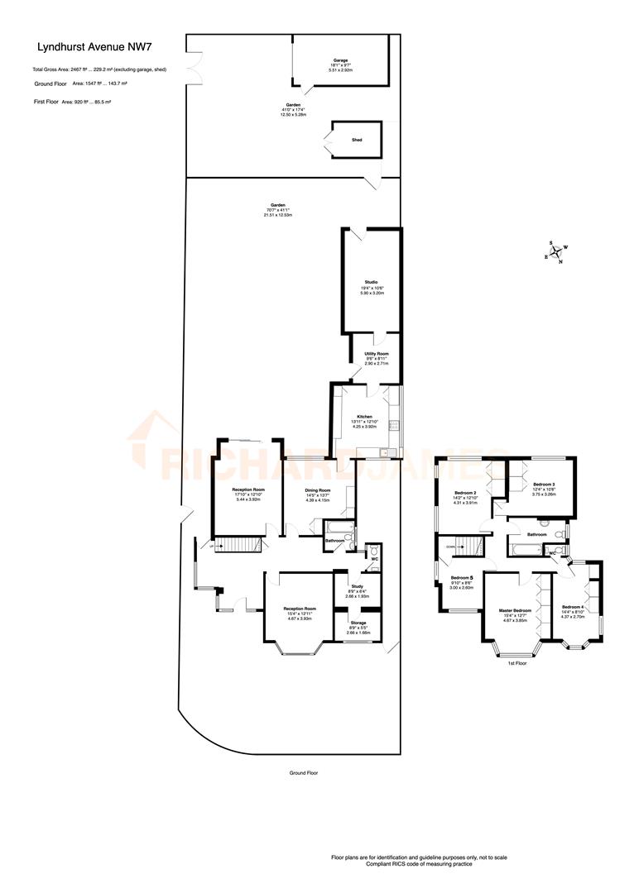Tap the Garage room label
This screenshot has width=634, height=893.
coord(340,60)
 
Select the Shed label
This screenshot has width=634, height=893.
coord(357,140)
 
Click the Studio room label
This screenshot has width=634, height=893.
coord(371,282)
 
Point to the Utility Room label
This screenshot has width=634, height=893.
coord(377,353)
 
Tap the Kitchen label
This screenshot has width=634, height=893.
coord(365,417)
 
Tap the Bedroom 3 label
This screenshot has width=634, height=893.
coord(544,484)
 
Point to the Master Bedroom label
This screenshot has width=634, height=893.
coord(513,611)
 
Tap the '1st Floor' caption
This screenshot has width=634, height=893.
coord(516,663)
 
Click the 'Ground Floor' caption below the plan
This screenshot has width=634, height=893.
coord(303,772)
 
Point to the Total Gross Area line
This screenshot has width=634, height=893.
coord(99,69)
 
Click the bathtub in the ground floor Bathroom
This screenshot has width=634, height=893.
coord(337,527)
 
